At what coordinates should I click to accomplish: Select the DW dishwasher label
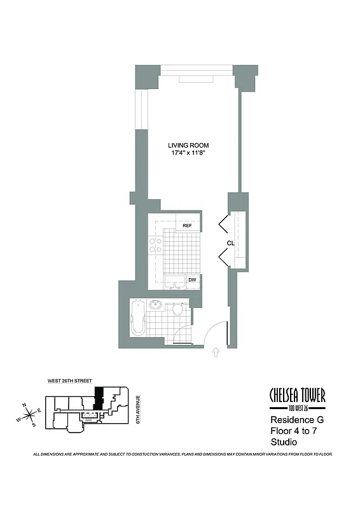[x=192, y=280]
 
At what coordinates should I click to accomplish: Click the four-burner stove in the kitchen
[x=155, y=247]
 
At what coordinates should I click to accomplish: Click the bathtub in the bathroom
[x=137, y=319]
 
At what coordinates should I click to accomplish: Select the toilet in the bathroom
[x=178, y=309]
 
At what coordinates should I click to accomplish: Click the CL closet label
[x=232, y=243]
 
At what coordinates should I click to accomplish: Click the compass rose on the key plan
[x=28, y=414]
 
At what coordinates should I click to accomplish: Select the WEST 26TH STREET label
[x=69, y=381]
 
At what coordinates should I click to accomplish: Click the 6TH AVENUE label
[x=137, y=410]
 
